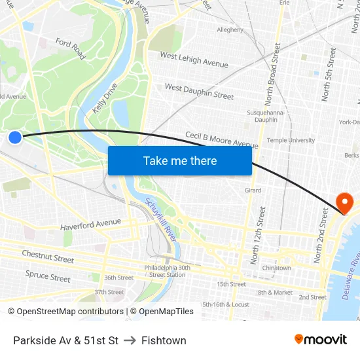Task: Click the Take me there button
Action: pyautogui.click(x=180, y=160)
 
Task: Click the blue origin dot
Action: pyautogui.click(x=15, y=137)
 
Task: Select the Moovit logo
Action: pyautogui.click(x=321, y=340)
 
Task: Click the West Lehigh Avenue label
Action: pyautogui.click(x=194, y=60)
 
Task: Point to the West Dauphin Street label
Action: pyautogui.click(x=199, y=91)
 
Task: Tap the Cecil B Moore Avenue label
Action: pyautogui.click(x=221, y=140)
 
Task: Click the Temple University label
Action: pyautogui.click(x=291, y=140)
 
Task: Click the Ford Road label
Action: pyautogui.click(x=70, y=47)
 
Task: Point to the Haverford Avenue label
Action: pyautogui.click(x=90, y=225)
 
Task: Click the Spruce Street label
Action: pyautogui.click(x=48, y=276)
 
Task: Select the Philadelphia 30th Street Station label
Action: pyautogui.click(x=168, y=271)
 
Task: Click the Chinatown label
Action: pyautogui.click(x=276, y=268)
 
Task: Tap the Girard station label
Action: pyautogui.click(x=253, y=190)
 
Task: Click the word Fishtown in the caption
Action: pyautogui.click(x=164, y=340)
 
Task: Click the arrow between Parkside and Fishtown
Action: pyautogui.click(x=130, y=340)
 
